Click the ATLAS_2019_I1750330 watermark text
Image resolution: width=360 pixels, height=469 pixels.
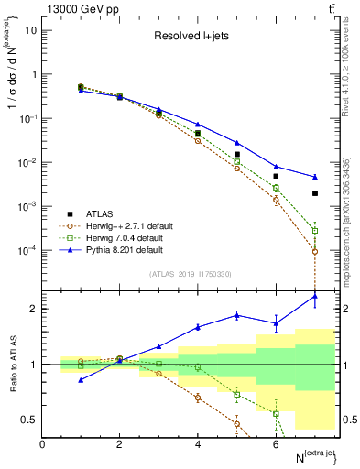[191, 274]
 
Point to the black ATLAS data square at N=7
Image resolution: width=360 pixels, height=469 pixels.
[314, 193]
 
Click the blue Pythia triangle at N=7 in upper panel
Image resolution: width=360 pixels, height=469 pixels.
[314, 177]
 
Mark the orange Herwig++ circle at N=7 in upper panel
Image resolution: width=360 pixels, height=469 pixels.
[314, 251]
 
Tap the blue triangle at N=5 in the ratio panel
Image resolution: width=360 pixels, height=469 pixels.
[236, 315]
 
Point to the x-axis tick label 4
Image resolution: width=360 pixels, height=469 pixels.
[198, 444]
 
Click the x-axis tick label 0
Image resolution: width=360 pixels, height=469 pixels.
[43, 444]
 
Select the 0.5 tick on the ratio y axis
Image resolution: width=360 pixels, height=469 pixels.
[30, 420]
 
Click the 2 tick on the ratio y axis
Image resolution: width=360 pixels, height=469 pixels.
[33, 309]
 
